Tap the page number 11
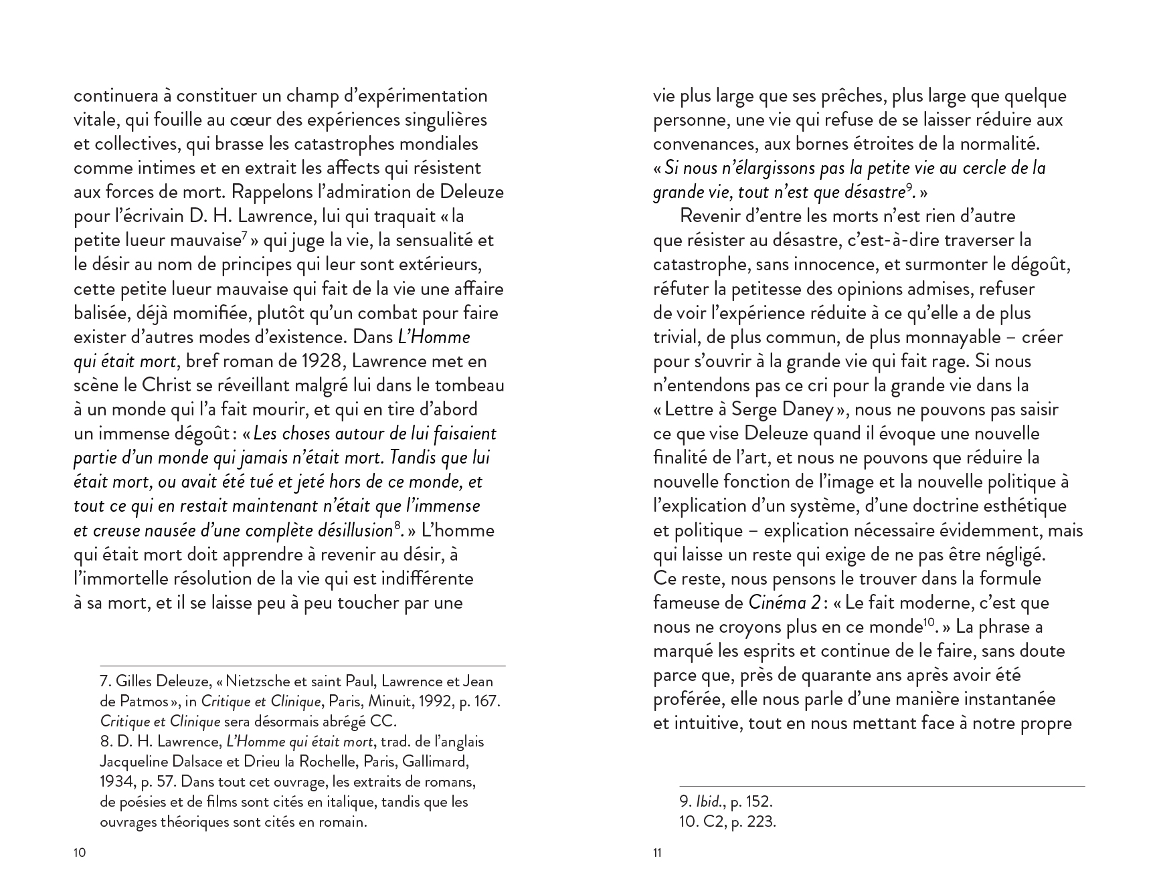657,854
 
